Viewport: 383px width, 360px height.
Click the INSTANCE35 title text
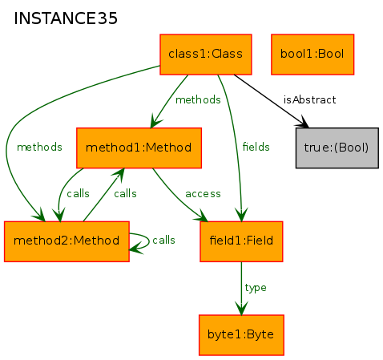[x=66, y=18]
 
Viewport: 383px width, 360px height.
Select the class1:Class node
[x=206, y=55]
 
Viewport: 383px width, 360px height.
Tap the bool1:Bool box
[x=312, y=55]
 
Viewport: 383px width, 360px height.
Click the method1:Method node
[x=139, y=148]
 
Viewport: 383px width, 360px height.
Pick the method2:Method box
[x=67, y=241]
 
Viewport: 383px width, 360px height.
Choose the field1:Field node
[x=241, y=241]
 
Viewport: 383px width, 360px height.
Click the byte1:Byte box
[x=241, y=335]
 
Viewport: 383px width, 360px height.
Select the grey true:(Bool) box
[x=337, y=148]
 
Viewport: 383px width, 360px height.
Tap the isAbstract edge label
[x=309, y=100]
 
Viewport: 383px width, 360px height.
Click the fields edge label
[x=256, y=147]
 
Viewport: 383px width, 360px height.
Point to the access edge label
[x=203, y=194]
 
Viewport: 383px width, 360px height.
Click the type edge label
[x=256, y=288]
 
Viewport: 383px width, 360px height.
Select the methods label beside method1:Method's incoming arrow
[x=198, y=100]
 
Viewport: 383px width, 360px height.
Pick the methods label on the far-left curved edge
[x=39, y=147]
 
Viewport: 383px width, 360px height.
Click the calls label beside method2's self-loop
[x=163, y=240]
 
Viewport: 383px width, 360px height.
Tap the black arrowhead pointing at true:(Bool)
[x=302, y=122]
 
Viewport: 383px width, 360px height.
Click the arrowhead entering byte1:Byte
[x=241, y=308]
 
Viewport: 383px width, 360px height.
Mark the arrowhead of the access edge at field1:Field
[x=201, y=216]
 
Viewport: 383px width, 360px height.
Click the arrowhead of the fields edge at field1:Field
[x=241, y=214]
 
